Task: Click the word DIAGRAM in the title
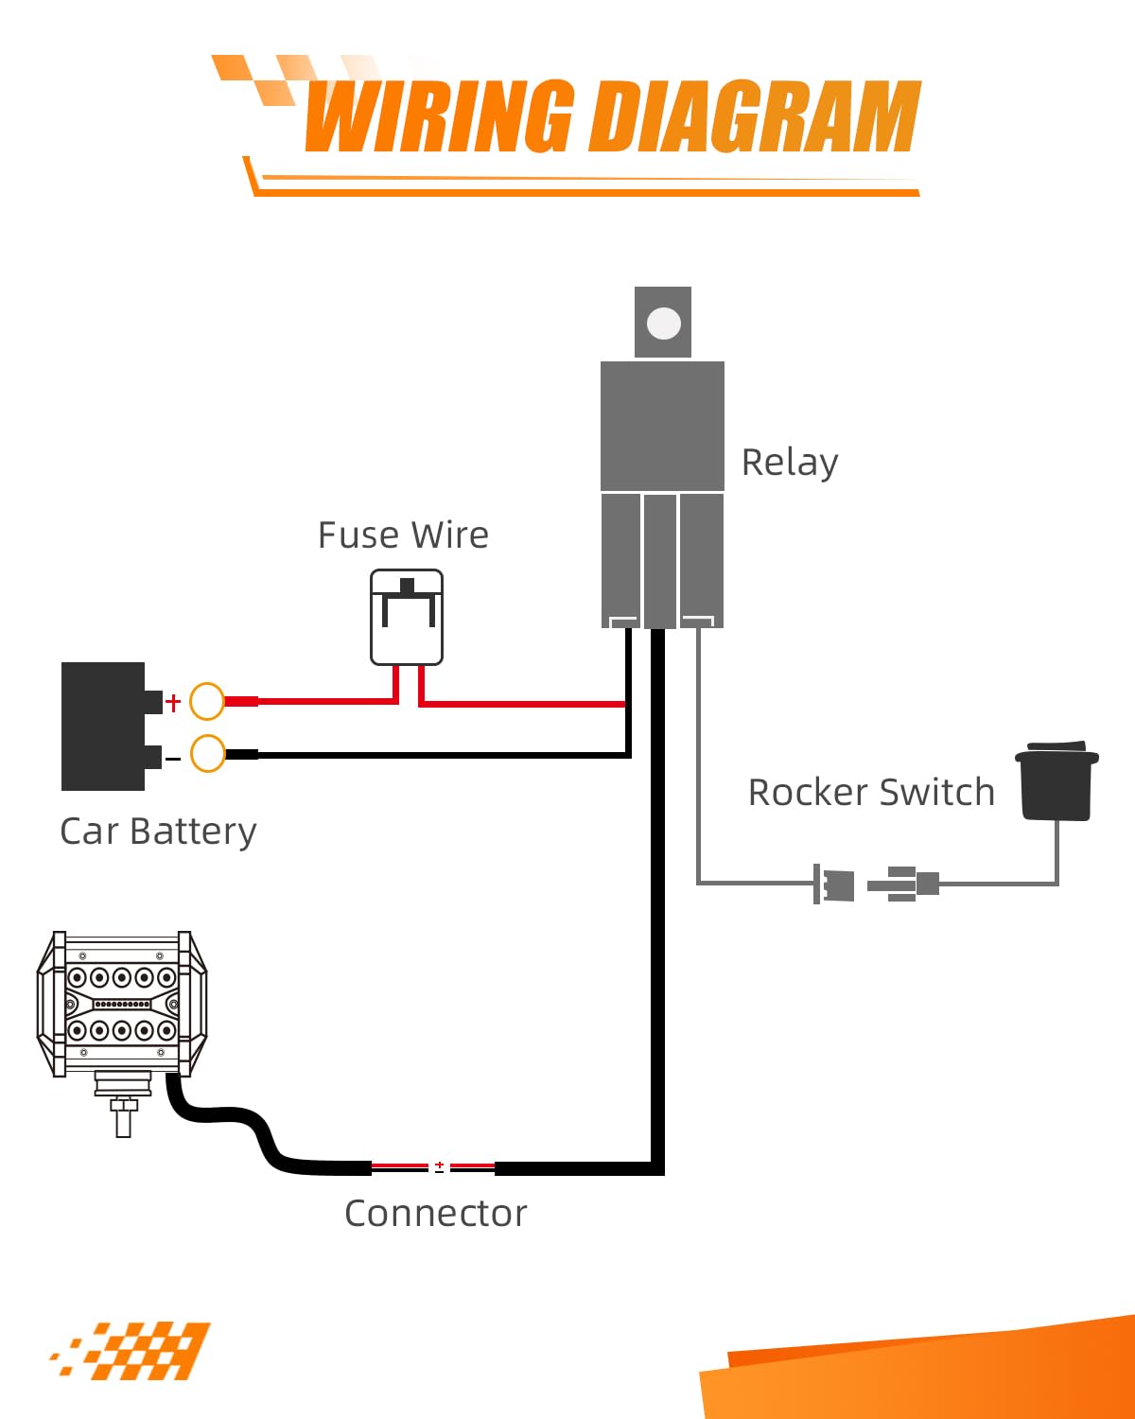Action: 754,116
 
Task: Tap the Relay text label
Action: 789,463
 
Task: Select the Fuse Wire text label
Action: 403,535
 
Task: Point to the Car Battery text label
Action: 158,832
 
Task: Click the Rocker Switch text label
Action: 871,792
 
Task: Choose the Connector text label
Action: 435,1213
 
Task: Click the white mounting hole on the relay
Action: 663,324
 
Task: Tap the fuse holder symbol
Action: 407,617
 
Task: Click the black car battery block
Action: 104,726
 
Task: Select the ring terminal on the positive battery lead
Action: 207,701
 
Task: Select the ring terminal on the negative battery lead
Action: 207,754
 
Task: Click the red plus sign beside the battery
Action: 173,702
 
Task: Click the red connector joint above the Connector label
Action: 439,1167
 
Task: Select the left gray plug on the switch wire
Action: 834,885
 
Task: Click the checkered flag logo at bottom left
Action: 132,1350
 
